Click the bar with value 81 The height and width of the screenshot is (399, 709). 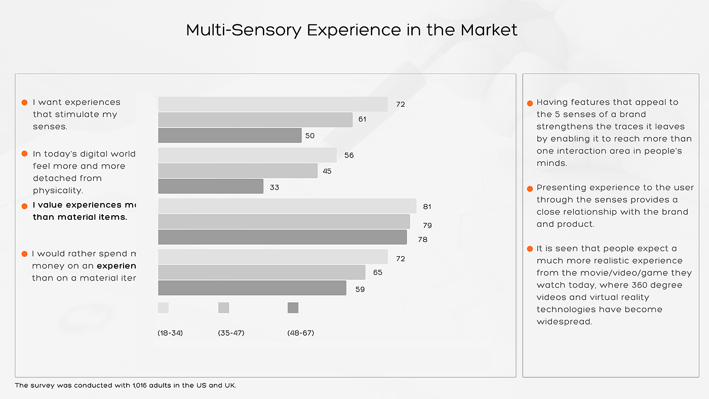tap(287, 206)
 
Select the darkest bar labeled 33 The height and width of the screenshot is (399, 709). tap(211, 186)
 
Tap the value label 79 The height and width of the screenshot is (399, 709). tap(427, 225)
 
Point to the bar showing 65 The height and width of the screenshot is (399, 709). tap(261, 272)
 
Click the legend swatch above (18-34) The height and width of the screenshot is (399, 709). tap(163, 308)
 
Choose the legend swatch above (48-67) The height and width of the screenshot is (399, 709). tap(293, 308)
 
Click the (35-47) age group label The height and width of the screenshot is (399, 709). tap(231, 333)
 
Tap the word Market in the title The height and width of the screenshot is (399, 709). tap(489, 30)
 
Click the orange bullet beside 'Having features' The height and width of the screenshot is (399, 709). tap(530, 103)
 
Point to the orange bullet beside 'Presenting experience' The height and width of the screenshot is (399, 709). tap(530, 188)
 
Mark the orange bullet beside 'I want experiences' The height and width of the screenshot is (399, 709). tap(24, 103)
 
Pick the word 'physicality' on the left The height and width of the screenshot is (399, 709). tap(57, 191)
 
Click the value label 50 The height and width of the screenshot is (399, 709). tap(309, 136)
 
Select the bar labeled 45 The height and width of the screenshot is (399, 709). tap(238, 171)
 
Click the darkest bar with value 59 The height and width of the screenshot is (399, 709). tap(252, 288)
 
